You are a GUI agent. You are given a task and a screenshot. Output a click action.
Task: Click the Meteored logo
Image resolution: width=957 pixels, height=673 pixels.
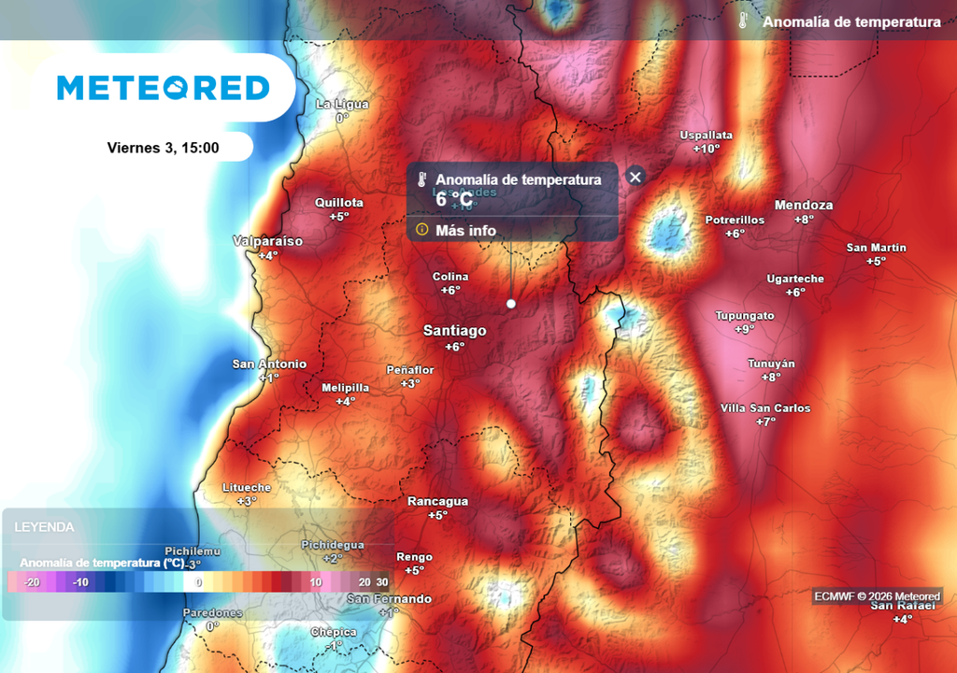tap(164, 88)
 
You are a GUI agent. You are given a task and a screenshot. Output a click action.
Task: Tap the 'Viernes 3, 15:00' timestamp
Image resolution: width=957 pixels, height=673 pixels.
tap(164, 148)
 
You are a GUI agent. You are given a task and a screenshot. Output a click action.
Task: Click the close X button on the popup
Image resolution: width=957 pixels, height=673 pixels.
tap(636, 177)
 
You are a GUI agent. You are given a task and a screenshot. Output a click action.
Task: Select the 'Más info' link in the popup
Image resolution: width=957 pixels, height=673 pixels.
tap(465, 230)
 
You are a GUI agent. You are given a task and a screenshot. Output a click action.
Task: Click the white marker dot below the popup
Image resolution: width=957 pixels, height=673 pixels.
tap(511, 304)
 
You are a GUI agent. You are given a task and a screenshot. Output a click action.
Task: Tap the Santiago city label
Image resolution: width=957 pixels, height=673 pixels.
tap(455, 331)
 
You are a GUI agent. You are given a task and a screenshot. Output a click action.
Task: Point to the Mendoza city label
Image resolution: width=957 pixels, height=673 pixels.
tap(804, 206)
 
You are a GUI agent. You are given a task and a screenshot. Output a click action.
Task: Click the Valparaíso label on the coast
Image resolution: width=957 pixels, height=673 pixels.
tap(268, 241)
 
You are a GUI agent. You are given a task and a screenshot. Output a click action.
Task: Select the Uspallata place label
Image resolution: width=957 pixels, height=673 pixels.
tap(707, 135)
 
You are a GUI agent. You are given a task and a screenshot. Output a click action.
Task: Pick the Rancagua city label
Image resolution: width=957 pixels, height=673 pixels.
tap(437, 501)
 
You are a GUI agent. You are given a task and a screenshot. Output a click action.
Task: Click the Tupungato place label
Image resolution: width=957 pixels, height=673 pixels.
tap(745, 316)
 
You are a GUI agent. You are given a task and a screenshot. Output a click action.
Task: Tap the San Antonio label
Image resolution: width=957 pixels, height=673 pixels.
tap(269, 364)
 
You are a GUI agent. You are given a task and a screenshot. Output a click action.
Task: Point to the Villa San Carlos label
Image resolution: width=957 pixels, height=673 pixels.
tap(765, 408)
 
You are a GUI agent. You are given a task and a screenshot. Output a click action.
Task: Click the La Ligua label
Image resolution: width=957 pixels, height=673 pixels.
tap(342, 104)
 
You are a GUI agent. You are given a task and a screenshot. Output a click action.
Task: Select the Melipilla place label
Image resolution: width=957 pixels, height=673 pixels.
tap(345, 387)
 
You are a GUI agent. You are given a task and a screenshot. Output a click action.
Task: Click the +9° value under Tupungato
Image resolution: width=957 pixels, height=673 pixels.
tap(745, 329)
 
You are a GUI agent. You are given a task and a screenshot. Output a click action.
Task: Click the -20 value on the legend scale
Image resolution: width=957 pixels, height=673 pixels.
tap(31, 582)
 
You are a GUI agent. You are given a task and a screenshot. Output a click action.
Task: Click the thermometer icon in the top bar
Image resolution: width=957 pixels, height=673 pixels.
tap(743, 21)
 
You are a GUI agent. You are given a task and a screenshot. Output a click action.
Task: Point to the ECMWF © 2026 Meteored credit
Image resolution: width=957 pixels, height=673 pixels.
tap(877, 596)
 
